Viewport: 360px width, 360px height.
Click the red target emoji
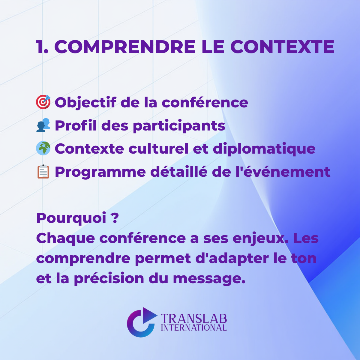click(43, 102)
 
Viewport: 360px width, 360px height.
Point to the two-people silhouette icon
click(43, 125)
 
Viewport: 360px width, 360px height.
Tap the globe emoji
click(43, 148)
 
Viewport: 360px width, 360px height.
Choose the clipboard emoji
click(43, 172)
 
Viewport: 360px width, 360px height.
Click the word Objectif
click(85, 103)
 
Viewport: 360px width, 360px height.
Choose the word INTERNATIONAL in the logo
click(194, 328)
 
